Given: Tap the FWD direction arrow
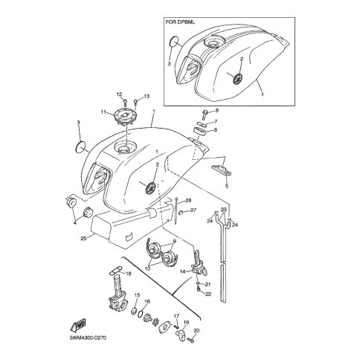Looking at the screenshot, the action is tap(78, 325).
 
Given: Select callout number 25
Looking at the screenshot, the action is tap(83, 239).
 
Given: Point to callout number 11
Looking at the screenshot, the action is tap(103, 112).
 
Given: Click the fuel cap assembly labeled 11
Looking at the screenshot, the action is tap(124, 117).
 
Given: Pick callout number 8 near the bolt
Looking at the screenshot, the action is tap(217, 110).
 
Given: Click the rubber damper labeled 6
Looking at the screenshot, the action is tap(200, 131).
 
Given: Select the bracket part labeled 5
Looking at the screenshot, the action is tap(222, 170).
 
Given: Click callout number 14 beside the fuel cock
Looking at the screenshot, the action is tap(183, 272).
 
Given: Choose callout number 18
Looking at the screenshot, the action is tap(129, 274).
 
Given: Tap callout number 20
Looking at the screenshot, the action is tap(196, 330).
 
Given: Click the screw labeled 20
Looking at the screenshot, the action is tap(190, 340).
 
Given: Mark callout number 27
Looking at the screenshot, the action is tap(193, 210).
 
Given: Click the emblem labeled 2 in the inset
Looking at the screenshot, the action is tap(238, 78).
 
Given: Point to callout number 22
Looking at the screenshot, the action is tap(208, 294).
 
